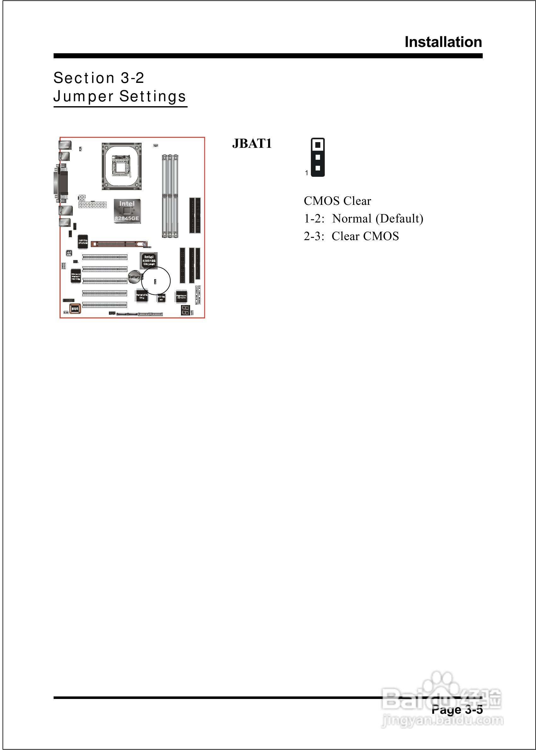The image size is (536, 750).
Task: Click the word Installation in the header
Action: click(443, 42)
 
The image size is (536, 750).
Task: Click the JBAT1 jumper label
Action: click(252, 143)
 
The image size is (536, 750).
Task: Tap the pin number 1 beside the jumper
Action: click(306, 173)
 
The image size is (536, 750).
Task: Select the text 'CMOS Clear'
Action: click(337, 201)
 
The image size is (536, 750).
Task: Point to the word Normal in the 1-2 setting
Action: click(352, 219)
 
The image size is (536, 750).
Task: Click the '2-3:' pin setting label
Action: click(314, 236)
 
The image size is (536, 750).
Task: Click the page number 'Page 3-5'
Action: click(457, 709)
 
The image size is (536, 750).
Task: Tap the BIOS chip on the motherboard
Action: click(75, 309)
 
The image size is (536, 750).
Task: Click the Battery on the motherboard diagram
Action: click(134, 277)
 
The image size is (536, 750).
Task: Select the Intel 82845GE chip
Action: click(127, 211)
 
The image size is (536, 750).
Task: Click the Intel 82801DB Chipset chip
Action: click(149, 260)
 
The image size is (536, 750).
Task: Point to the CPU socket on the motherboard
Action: click(121, 166)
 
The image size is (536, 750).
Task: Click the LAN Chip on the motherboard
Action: click(83, 241)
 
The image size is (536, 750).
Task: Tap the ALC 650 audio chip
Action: click(69, 253)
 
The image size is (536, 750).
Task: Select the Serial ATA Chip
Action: click(142, 296)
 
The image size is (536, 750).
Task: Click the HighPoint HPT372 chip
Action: click(182, 297)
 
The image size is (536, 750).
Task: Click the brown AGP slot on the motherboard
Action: click(119, 244)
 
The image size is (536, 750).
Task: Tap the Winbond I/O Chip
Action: click(76, 276)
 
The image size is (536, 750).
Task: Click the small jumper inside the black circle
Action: click(155, 281)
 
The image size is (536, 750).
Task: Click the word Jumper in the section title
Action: click(84, 96)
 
